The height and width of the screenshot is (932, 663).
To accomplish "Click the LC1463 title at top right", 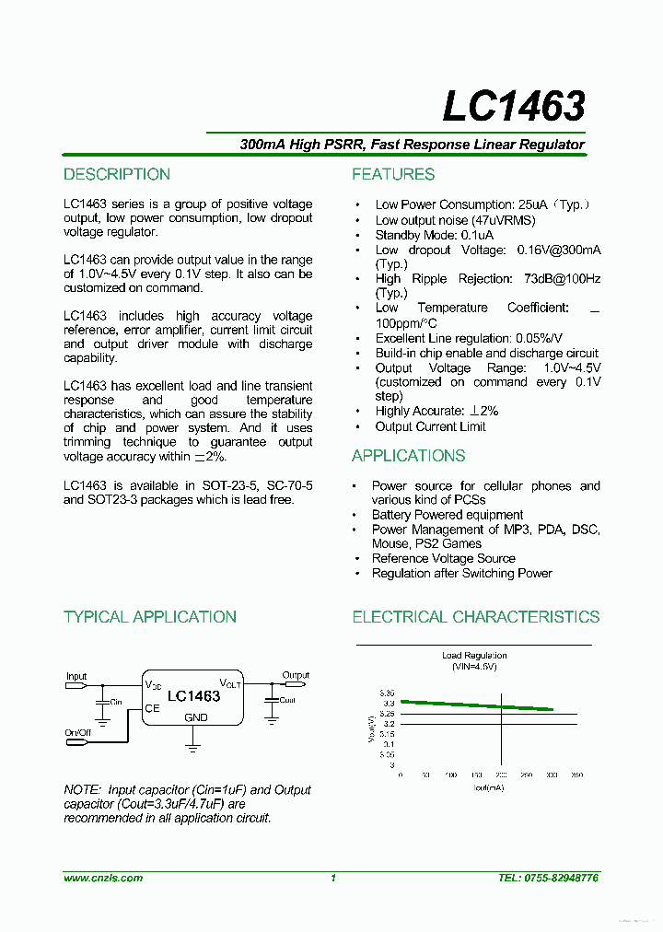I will tap(513, 107).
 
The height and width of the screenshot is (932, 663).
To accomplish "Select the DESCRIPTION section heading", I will tap(117, 175).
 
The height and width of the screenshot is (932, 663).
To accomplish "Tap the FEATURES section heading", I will tap(393, 175).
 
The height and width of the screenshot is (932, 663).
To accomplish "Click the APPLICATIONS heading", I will tap(408, 456).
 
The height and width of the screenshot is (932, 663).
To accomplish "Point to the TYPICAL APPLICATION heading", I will tap(150, 617).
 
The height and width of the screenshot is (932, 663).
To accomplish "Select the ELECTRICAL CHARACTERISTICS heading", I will tap(476, 617).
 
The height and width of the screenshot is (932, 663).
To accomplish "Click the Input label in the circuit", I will tap(76, 676).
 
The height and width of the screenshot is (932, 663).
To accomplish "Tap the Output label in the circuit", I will tap(296, 675).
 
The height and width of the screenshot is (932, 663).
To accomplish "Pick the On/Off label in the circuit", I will tap(78, 733).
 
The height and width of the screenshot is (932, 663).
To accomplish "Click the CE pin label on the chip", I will tap(152, 709).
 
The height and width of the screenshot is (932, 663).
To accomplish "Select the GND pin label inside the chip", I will tap(196, 717).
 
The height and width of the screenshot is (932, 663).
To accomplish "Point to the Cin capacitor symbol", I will tap(102, 702).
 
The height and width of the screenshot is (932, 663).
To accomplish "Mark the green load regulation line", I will tap(476, 705).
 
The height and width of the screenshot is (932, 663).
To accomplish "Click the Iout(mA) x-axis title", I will tap(490, 788).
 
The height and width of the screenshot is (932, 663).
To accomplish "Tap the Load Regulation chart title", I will tap(474, 656).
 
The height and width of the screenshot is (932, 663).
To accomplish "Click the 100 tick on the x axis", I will tap(450, 775).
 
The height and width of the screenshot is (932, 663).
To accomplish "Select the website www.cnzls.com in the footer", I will tap(103, 879).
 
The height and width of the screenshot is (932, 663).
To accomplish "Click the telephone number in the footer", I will tap(549, 879).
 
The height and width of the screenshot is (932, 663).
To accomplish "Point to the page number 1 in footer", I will tap(333, 879).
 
